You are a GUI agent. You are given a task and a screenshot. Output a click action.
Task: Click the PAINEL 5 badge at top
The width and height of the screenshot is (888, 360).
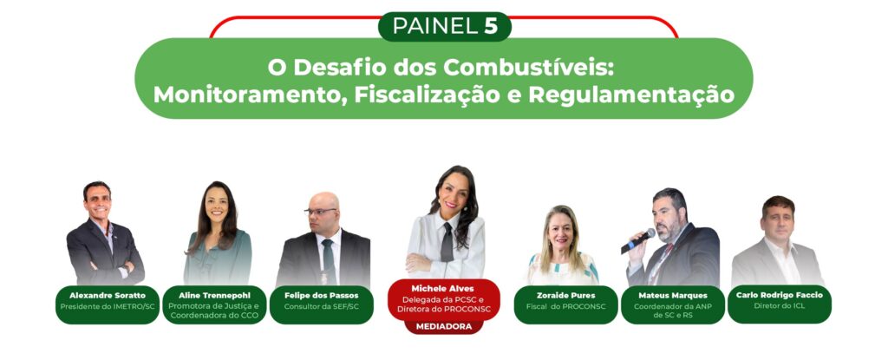click(445, 27)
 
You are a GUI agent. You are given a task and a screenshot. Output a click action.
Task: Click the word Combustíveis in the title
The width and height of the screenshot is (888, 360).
click(530, 68)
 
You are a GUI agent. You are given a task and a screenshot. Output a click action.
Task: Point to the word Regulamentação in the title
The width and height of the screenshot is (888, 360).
click(631, 95)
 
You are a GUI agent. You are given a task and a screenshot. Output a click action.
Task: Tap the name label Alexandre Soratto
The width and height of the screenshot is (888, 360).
click(107, 295)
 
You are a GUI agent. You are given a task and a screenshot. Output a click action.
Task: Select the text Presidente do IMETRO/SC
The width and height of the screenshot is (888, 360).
click(107, 306)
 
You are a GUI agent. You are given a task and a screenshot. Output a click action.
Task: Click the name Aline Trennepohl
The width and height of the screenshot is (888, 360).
click(214, 295)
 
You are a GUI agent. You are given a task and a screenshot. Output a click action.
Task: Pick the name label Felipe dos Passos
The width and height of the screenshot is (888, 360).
click(321, 295)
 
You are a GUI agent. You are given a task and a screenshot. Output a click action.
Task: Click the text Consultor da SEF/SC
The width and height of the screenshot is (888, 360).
click(321, 306)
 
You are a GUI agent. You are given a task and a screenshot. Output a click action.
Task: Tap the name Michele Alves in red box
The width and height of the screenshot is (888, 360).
click(443, 289)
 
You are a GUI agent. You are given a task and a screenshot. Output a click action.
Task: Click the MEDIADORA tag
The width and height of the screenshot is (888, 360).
click(443, 326)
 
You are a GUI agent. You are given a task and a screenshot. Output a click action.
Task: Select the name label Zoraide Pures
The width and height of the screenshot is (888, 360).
click(565, 295)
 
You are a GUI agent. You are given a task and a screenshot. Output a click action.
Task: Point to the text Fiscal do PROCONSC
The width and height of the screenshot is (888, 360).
click(565, 306)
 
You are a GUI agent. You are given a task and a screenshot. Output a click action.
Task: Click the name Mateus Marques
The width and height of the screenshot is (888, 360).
click(673, 295)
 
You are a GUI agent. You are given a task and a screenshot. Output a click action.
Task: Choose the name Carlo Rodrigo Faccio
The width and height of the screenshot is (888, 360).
click(780, 295)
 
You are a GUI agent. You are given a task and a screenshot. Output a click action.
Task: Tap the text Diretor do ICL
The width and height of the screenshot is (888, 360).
click(780, 305)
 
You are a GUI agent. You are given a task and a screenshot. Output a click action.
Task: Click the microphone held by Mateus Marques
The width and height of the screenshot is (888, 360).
click(637, 241)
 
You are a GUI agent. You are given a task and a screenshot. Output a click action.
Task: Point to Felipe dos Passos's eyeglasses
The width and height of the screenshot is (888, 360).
click(321, 212)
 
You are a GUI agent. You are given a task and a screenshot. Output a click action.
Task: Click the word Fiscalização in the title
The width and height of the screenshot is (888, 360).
click(427, 95)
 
